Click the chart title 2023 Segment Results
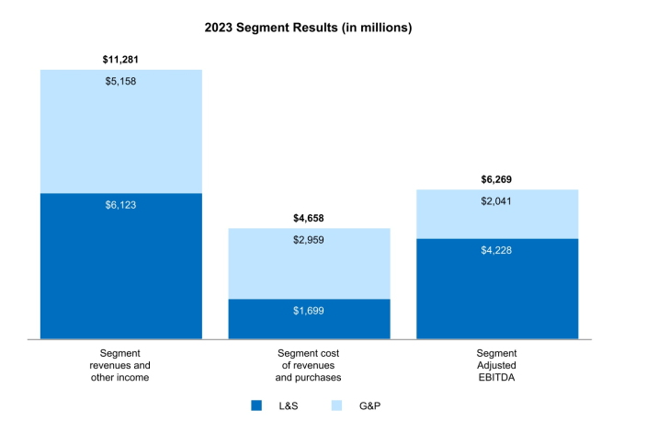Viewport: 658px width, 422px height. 308,28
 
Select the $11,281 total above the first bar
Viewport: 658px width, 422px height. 120,60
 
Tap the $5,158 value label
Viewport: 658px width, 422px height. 120,81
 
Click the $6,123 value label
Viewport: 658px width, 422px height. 120,204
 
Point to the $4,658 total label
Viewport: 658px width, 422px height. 309,218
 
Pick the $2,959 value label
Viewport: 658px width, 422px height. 309,240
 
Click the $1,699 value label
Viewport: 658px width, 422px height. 309,311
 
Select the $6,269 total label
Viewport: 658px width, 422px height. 497,179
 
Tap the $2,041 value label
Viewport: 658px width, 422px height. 497,201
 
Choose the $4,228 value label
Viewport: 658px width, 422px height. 497,250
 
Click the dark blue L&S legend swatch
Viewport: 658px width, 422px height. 256,405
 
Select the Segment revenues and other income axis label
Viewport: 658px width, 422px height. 120,365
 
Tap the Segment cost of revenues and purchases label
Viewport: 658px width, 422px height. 309,365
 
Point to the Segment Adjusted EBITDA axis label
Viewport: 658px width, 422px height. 497,365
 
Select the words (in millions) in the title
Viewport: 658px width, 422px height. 377,28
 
